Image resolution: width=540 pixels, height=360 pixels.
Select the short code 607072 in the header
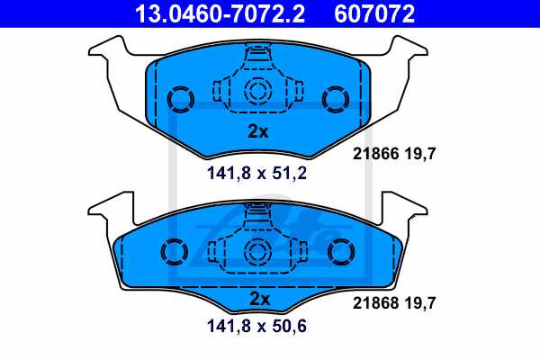[376, 13]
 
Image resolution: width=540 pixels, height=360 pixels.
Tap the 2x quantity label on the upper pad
[258, 131]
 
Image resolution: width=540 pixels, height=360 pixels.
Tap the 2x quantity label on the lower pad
[258, 299]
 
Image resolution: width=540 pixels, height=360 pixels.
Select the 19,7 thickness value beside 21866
[420, 154]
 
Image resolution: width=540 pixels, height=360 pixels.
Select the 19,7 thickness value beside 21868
[420, 305]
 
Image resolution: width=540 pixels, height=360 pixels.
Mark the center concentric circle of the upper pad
[258, 90]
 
